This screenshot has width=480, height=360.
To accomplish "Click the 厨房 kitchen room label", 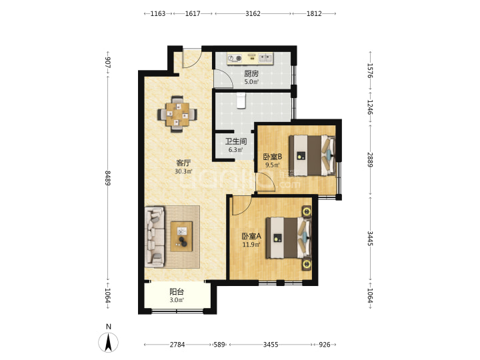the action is click(x=251, y=73).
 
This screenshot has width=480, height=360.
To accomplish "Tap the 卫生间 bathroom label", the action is click(x=236, y=141).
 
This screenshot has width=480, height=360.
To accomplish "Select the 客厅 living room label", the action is click(x=183, y=163).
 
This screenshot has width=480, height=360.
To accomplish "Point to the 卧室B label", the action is click(x=273, y=157).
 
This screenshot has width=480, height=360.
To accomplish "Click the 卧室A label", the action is click(x=251, y=236).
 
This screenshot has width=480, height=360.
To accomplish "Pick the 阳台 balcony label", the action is click(x=177, y=292).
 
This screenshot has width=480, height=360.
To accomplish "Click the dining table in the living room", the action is click(x=177, y=115).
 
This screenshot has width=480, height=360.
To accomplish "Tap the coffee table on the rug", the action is click(x=181, y=236).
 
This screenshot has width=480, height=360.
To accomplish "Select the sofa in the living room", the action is click(x=155, y=236).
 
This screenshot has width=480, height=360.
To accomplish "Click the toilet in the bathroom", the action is click(x=241, y=101).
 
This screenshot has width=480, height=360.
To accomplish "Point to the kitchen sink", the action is click(x=265, y=58).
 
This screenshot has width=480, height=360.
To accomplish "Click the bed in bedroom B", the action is click(x=312, y=155).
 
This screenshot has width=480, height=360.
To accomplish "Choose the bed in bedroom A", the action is click(x=289, y=237).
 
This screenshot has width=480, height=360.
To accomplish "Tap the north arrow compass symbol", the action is click(x=109, y=342).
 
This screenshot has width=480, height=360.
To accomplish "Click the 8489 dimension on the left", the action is click(x=108, y=178).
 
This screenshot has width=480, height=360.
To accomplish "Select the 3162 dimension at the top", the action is click(x=253, y=13).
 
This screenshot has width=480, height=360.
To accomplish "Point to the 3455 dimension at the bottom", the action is click(x=271, y=345).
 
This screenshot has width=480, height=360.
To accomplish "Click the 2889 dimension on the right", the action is click(x=370, y=160).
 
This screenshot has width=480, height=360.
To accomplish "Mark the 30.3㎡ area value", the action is click(x=183, y=171).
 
